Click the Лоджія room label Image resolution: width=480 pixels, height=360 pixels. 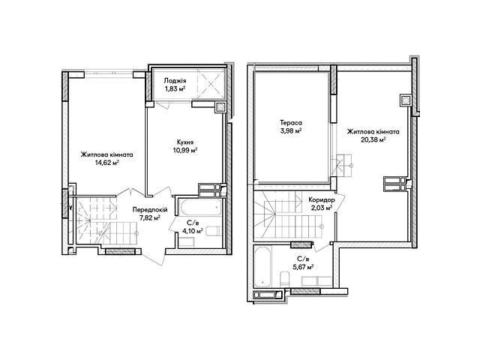[x=175, y=81]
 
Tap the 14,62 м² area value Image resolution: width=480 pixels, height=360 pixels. [x=106, y=163]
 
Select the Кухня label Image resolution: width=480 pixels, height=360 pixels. [x=185, y=142]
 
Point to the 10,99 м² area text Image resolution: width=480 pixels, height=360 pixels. [x=185, y=150]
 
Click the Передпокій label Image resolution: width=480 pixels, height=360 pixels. [x=150, y=210]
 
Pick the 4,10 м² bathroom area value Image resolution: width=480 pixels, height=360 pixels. [x=193, y=231]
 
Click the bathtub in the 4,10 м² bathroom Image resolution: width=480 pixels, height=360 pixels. [x=201, y=208]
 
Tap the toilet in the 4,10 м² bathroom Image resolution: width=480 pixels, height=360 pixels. [x=213, y=231]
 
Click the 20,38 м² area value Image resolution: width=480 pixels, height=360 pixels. [x=373, y=140]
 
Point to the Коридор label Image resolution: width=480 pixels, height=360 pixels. [x=322, y=200]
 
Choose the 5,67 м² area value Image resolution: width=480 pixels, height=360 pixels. [x=303, y=267]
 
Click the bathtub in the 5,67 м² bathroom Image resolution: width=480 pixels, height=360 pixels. [x=262, y=267]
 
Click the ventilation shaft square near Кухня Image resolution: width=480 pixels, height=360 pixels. [x=220, y=107]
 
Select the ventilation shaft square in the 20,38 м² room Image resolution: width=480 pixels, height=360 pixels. [x=406, y=100]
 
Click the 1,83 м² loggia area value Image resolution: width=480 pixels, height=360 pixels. [x=175, y=88]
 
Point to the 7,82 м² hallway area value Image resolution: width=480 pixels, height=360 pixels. [x=150, y=218]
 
